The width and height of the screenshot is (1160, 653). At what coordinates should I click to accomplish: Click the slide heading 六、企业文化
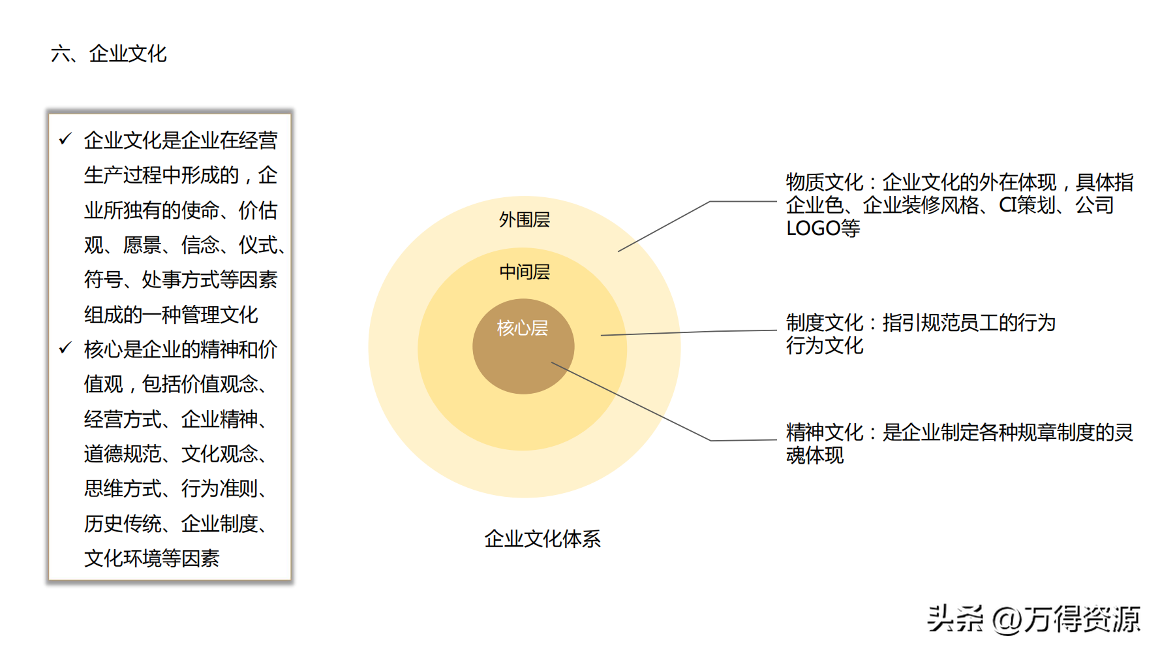pyautogui.click(x=109, y=54)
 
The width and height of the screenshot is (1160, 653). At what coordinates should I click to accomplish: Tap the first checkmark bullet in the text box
pyautogui.click(x=65, y=139)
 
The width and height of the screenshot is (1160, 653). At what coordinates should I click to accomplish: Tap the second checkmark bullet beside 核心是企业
pyautogui.click(x=65, y=348)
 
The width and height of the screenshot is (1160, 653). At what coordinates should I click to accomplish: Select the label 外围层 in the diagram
pyautogui.click(x=524, y=220)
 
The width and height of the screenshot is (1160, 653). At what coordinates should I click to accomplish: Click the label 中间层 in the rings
pyautogui.click(x=524, y=272)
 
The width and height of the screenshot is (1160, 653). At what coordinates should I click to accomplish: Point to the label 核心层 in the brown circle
pyautogui.click(x=522, y=328)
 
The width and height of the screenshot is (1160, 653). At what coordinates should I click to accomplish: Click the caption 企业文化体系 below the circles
pyautogui.click(x=542, y=539)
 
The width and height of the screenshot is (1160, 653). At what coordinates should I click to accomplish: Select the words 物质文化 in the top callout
pyautogui.click(x=825, y=182)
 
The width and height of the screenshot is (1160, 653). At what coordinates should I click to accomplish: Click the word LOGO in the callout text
pyautogui.click(x=813, y=229)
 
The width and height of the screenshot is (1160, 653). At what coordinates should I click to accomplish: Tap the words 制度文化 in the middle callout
pyautogui.click(x=825, y=323)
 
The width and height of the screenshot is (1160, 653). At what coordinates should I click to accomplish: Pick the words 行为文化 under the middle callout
pyautogui.click(x=825, y=345)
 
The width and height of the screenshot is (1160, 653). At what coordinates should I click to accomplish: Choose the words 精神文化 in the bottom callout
pyautogui.click(x=825, y=432)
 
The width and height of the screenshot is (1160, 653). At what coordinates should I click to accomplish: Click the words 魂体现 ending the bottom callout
pyautogui.click(x=815, y=455)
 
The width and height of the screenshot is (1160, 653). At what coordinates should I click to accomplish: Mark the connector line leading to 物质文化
pyautogui.click(x=665, y=225)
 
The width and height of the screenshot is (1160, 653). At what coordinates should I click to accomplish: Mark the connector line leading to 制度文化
pyautogui.click(x=685, y=332)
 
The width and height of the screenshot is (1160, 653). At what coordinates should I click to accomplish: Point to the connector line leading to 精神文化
pyautogui.click(x=633, y=402)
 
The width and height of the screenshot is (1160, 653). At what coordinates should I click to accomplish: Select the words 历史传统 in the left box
pyautogui.click(x=123, y=524)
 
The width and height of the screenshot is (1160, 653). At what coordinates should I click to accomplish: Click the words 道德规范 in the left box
pyautogui.click(x=123, y=454)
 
